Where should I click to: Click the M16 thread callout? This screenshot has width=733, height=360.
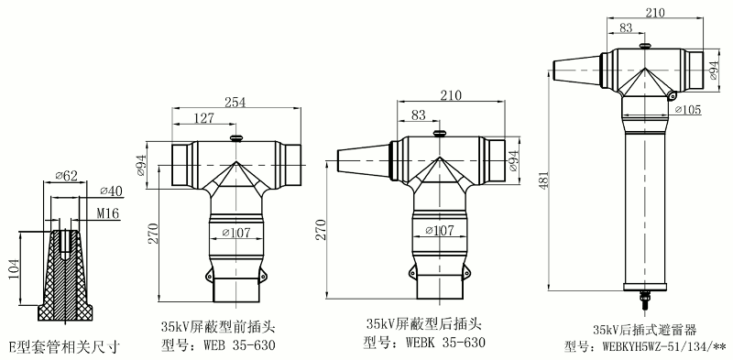(x=108, y=213)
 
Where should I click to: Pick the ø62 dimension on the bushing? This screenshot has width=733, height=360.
(x=64, y=174)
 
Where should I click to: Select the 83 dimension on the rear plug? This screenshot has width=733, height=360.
(x=419, y=115)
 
